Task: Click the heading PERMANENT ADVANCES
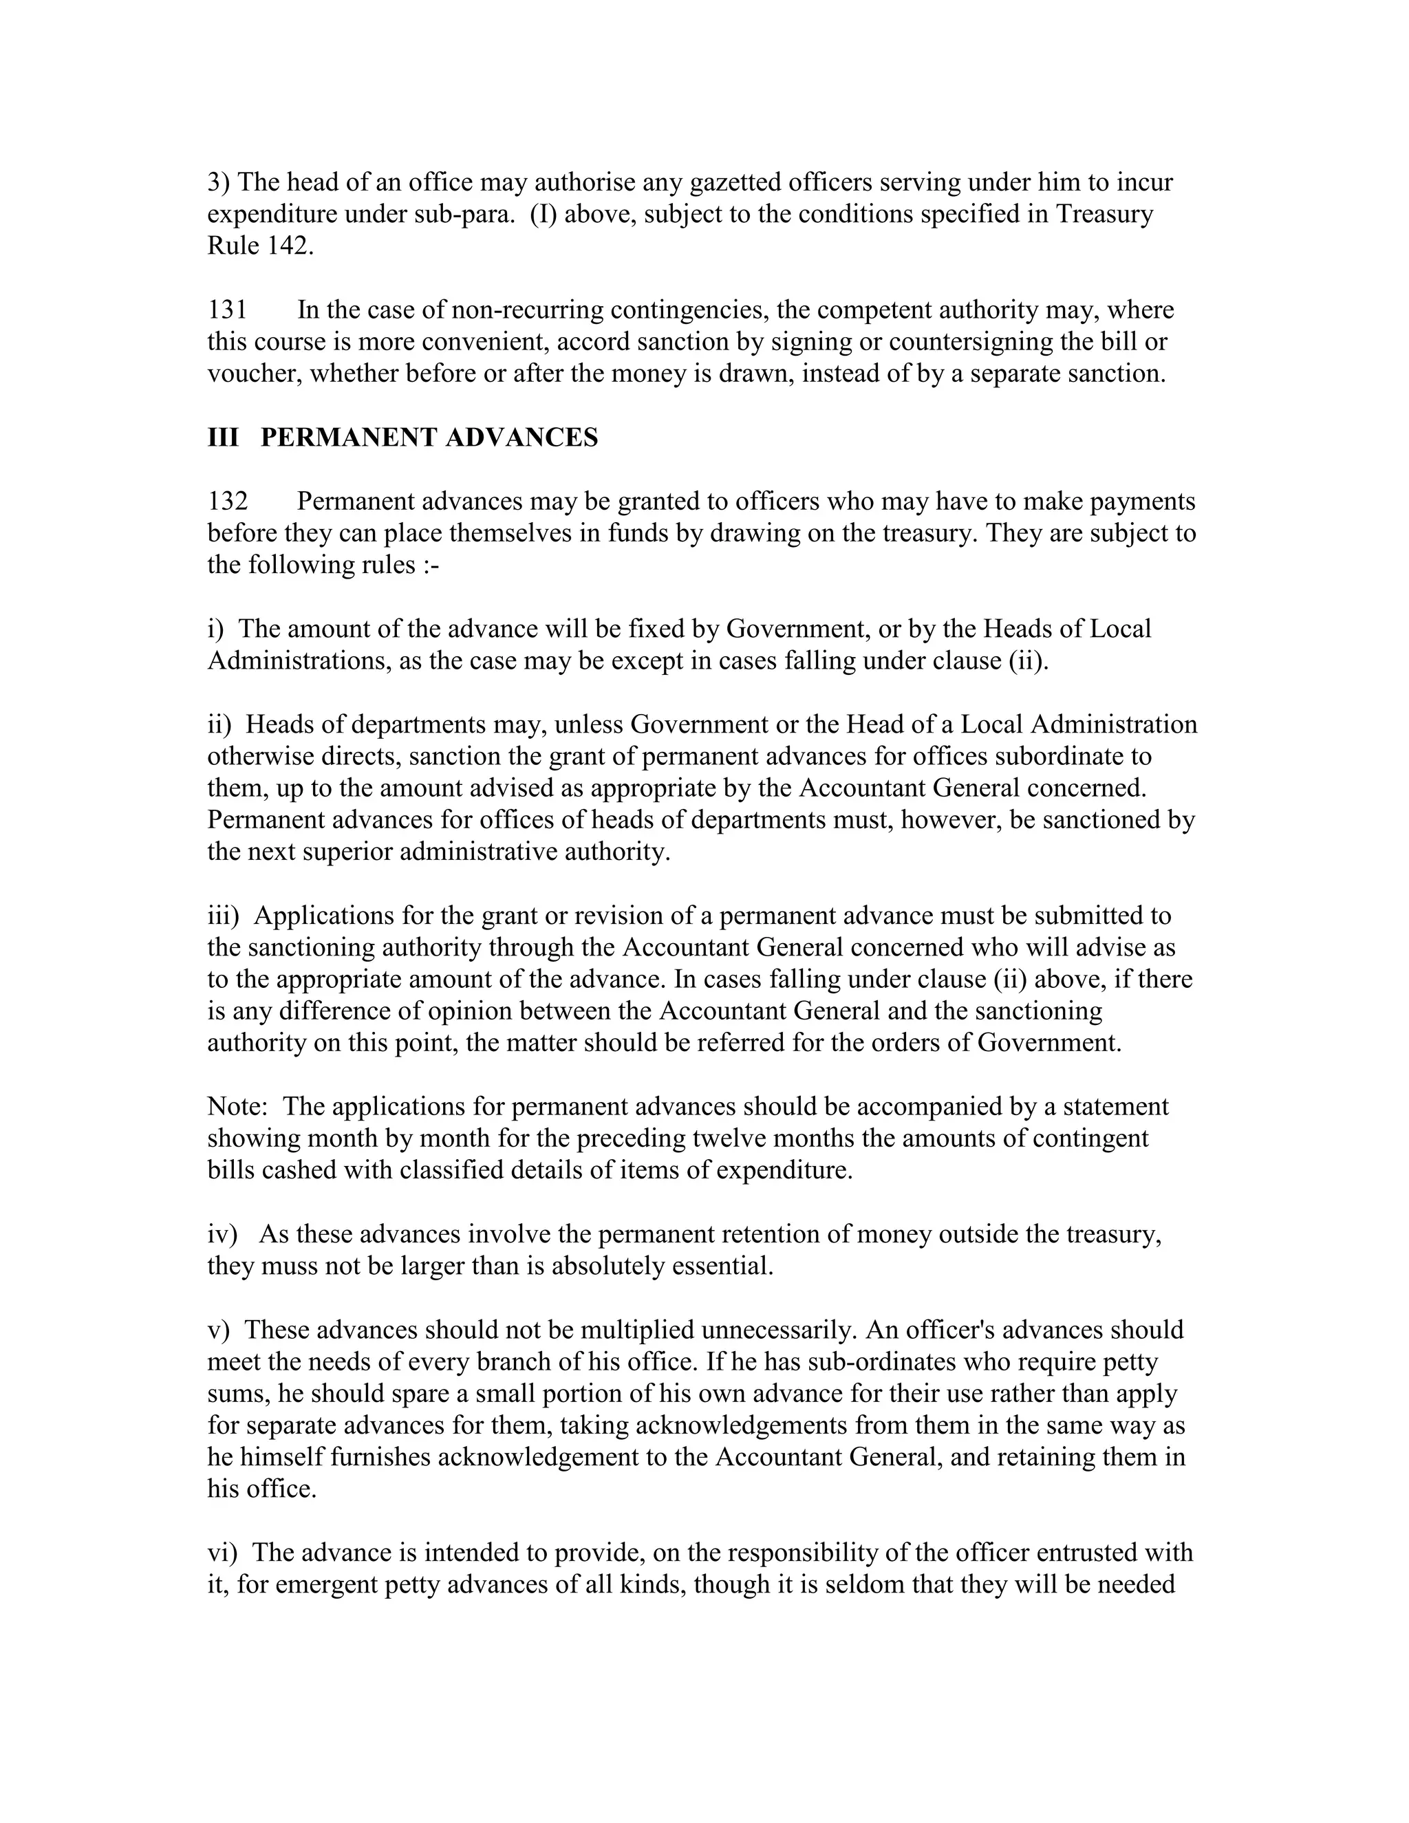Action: point(429,438)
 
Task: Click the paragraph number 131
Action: point(227,310)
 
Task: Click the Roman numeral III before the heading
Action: point(223,438)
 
